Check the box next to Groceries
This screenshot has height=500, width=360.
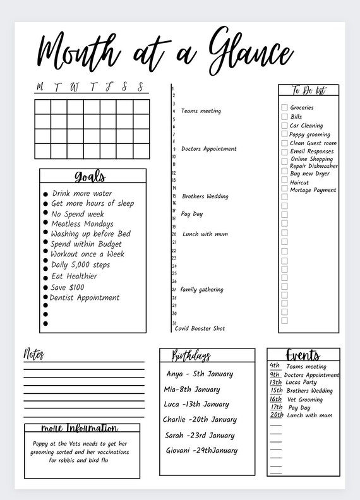[x=285, y=108]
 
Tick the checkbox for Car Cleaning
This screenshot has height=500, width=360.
[x=285, y=126]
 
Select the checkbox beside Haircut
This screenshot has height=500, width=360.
[x=285, y=182]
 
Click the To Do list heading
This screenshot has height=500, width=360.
[x=309, y=90]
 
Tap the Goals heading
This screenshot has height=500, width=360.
[x=91, y=177]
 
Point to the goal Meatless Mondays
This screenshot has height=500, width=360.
[x=82, y=223]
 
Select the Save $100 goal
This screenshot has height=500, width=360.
[x=68, y=287]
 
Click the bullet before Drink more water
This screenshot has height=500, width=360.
[x=45, y=194]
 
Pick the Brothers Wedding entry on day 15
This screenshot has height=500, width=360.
[x=205, y=196]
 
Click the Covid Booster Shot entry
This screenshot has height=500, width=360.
[x=200, y=328]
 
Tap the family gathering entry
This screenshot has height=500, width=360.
[x=201, y=290]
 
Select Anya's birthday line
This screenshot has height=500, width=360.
[x=200, y=374]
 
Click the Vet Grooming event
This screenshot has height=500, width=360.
[x=304, y=399]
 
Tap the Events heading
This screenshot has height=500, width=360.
[x=303, y=355]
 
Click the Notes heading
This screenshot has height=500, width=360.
[x=34, y=354]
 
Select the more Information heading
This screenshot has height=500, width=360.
[x=80, y=429]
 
